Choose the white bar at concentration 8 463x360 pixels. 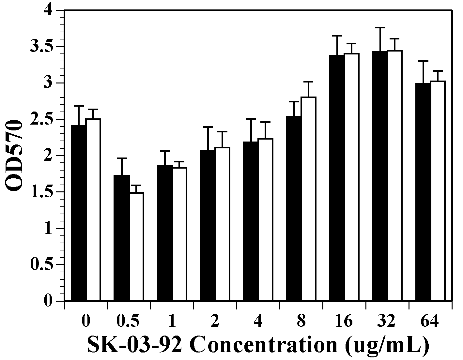click(x=309, y=199)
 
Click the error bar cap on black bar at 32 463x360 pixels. click(x=380, y=28)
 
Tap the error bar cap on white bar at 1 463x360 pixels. click(x=179, y=161)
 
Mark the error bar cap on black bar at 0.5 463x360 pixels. click(x=122, y=158)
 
